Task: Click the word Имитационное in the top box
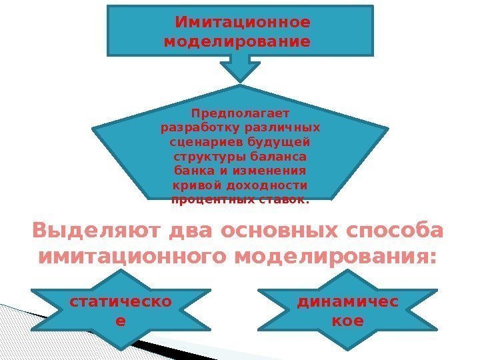tap(242, 23)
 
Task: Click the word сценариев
tap(200, 141)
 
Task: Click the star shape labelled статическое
tap(120, 311)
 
